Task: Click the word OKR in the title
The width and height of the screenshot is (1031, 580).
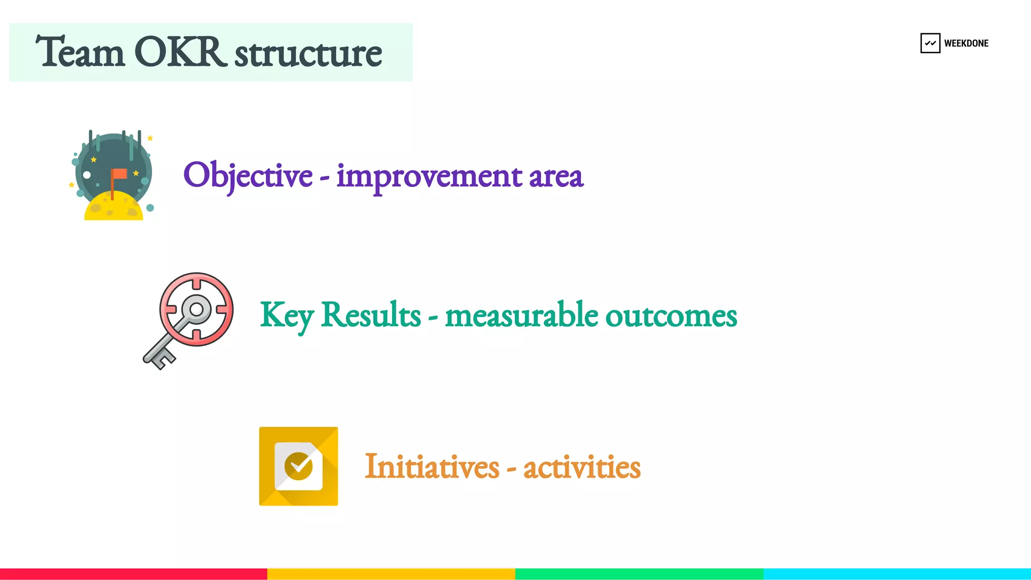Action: click(x=179, y=52)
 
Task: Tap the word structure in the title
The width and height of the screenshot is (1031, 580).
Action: click(x=308, y=53)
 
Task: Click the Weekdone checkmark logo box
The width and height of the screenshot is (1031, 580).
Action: click(x=930, y=43)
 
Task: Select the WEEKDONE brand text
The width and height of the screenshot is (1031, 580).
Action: click(x=966, y=43)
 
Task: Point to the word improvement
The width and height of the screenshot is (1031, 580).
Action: click(x=429, y=176)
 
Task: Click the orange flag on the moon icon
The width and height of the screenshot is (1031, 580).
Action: click(x=120, y=174)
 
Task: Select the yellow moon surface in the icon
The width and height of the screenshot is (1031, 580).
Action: click(x=114, y=208)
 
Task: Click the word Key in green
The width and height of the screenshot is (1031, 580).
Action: click(x=286, y=315)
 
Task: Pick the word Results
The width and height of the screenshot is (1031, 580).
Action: click(x=371, y=314)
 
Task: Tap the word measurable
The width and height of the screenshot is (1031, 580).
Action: click(x=522, y=315)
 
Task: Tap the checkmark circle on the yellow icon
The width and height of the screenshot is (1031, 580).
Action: click(x=298, y=466)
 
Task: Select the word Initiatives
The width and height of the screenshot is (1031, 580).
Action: click(x=431, y=467)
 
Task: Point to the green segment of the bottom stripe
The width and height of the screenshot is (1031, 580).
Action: click(x=639, y=574)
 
